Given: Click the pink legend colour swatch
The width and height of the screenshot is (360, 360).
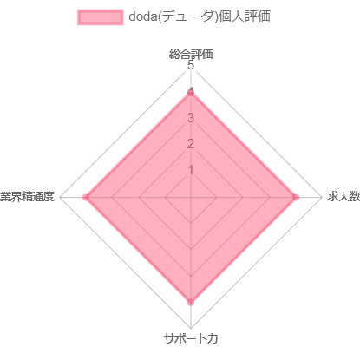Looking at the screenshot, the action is pyautogui.click(x=101, y=17).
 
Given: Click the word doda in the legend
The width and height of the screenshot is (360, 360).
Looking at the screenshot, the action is pyautogui.click(x=142, y=16).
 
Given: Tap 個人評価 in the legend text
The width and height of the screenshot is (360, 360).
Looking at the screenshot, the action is pyautogui.click(x=245, y=16).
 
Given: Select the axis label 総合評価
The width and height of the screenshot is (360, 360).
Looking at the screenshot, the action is pyautogui.click(x=191, y=54).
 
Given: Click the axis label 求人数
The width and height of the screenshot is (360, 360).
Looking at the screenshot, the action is pyautogui.click(x=344, y=197).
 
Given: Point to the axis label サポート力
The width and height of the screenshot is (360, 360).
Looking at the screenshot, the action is pyautogui.click(x=191, y=338).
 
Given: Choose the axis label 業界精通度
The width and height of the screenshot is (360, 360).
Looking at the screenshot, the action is pyautogui.click(x=27, y=197).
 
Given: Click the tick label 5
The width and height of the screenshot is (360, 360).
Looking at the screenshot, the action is pyautogui.click(x=191, y=65).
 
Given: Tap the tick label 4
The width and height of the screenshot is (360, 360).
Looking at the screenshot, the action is pyautogui.click(x=191, y=92).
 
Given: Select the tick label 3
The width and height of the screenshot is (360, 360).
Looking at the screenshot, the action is pyautogui.click(x=191, y=118).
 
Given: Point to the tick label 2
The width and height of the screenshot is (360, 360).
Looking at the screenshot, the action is pyautogui.click(x=191, y=144).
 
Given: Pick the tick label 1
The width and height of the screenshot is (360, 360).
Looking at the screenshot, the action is pyautogui.click(x=191, y=170).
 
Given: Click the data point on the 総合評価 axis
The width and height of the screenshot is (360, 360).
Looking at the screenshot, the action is pyautogui.click(x=191, y=93).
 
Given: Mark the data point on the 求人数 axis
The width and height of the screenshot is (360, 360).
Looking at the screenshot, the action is pyautogui.click(x=296, y=198).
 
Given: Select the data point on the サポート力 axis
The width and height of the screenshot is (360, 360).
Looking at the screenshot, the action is pyautogui.click(x=191, y=303).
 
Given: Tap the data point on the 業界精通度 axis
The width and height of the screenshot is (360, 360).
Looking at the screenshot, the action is pyautogui.click(x=86, y=198).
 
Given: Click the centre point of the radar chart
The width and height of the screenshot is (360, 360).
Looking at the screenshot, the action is pyautogui.click(x=191, y=198).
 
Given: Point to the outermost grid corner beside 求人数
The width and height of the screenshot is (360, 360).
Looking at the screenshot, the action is pyautogui.click(x=322, y=198).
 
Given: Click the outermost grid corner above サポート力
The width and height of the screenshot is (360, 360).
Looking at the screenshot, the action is pyautogui.click(x=191, y=329).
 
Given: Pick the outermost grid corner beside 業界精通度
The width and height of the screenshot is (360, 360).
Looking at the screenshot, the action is pyautogui.click(x=60, y=198).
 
